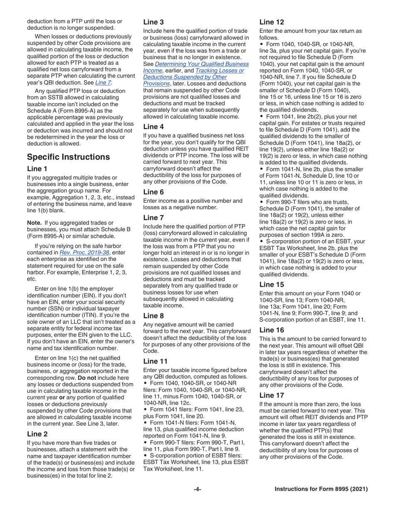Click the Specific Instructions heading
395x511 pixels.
coord(69,157)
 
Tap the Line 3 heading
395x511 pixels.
coord(153,22)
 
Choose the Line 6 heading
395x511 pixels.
coord(153,192)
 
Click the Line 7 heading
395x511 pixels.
coord(153,218)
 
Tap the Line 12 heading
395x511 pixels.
coord(272,22)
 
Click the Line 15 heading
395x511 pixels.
coord(272,285)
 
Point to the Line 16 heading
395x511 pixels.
coord(272,330)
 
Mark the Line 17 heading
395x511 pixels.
coord(272,395)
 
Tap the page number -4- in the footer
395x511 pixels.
coord(197,489)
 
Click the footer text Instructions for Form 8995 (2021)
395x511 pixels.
coord(321,489)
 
